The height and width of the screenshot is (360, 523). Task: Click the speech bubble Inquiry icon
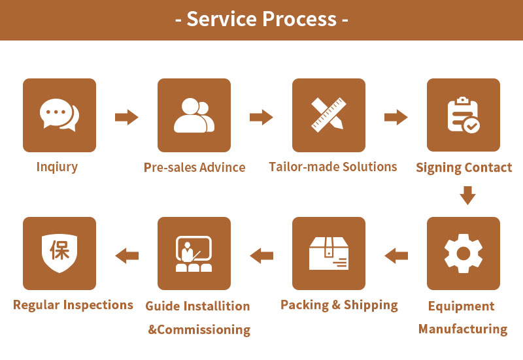tap(59, 116)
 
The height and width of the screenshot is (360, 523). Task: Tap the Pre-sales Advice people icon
tap(194, 116)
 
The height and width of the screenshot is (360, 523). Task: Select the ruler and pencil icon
tap(329, 116)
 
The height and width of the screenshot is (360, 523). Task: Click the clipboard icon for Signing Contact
tap(464, 116)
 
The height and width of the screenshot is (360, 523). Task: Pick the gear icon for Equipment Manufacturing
tap(464, 254)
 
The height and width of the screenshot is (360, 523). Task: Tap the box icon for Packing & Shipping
tap(329, 254)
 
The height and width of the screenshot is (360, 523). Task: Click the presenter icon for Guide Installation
tap(194, 254)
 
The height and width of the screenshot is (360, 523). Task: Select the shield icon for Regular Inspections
tap(59, 254)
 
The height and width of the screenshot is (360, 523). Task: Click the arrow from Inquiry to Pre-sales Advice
tap(127, 118)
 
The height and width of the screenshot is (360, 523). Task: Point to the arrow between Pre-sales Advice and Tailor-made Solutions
tap(261, 118)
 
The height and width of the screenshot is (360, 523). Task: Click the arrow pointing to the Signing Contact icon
tap(396, 118)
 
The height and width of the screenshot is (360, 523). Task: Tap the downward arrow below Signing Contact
tap(467, 195)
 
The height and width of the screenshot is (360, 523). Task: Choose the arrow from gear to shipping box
tap(396, 255)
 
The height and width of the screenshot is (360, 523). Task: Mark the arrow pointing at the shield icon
tap(127, 255)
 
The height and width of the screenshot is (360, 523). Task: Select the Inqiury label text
tap(57, 167)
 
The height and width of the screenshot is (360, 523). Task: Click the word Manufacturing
tap(463, 329)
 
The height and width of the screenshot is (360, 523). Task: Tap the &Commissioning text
tap(199, 329)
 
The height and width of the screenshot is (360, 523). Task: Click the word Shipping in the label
tap(370, 304)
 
